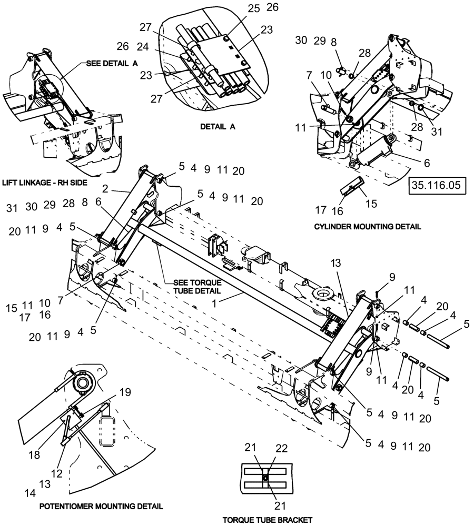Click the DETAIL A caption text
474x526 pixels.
(x=218, y=127)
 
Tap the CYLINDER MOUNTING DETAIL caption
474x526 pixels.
(x=367, y=227)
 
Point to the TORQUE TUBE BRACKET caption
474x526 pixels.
(x=267, y=520)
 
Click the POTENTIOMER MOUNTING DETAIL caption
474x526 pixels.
(x=101, y=506)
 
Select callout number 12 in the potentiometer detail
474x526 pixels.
(x=58, y=473)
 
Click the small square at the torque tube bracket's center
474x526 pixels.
(x=266, y=478)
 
